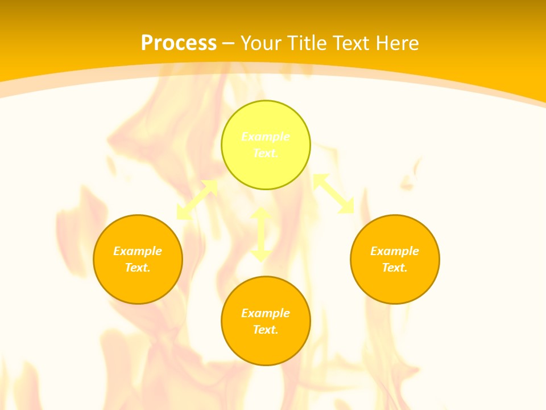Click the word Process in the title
coord(179,43)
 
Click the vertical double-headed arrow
coord(261,234)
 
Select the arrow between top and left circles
coord(197,200)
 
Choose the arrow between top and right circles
coord(333,194)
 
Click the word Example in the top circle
coord(266,137)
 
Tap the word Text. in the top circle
coord(266,153)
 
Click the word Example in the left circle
coord(138,251)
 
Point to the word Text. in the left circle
coord(138,268)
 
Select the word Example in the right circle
coord(395,251)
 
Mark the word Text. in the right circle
coord(395,268)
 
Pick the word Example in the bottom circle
coord(266,313)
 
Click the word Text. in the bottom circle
coord(266,330)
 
